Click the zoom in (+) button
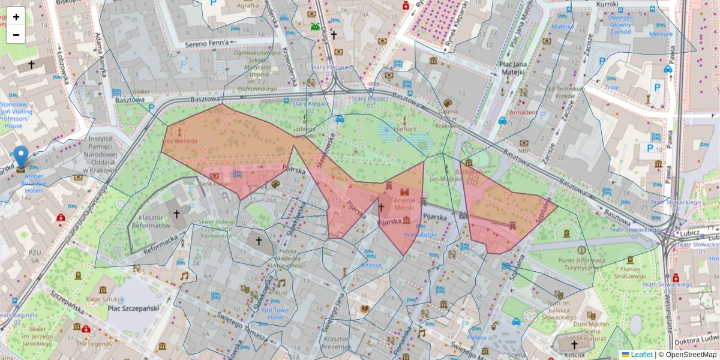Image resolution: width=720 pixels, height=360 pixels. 16,17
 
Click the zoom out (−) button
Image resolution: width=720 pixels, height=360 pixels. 16,35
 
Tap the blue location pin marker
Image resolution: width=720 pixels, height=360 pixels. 21,157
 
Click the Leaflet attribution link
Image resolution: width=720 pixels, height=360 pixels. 641,355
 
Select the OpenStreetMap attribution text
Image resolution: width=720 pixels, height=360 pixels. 690,355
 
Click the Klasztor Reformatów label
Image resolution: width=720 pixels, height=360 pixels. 154,222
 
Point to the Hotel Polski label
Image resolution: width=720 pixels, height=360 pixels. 420,235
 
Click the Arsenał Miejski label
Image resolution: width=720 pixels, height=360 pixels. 404,203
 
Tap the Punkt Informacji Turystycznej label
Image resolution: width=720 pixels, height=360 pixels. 580,264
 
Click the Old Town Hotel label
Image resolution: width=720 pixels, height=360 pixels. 275,313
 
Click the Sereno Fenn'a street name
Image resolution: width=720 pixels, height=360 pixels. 207,43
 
